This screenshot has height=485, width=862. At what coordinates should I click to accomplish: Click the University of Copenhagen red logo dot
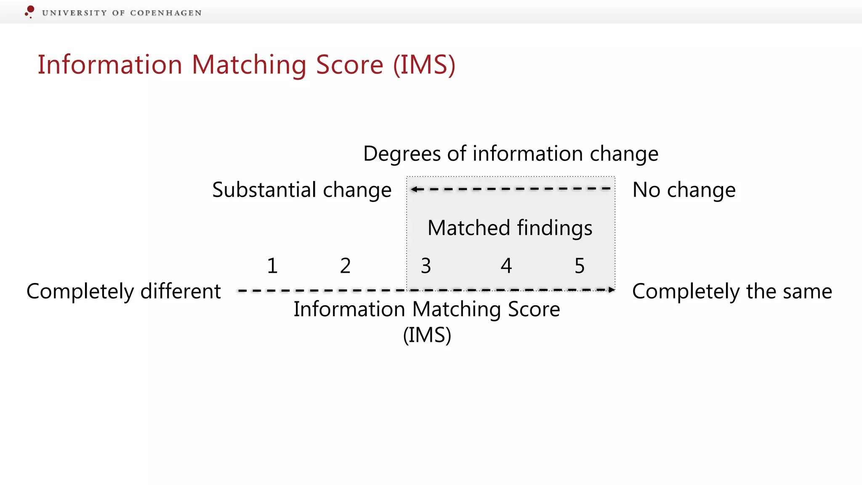(30, 10)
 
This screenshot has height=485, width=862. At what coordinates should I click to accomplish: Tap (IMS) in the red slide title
(424, 65)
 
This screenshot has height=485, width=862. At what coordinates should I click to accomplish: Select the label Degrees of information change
(511, 154)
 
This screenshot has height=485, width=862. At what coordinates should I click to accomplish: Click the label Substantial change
(302, 190)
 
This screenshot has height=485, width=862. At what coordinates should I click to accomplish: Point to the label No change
(684, 190)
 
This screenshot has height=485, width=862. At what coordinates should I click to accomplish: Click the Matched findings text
(510, 228)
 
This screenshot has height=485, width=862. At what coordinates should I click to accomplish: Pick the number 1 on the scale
(272, 266)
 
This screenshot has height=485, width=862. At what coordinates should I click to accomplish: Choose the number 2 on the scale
(345, 266)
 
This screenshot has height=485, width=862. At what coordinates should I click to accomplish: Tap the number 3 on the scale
(426, 266)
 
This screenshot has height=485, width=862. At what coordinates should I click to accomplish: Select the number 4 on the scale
(506, 266)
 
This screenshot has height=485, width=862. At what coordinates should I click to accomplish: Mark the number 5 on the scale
(580, 266)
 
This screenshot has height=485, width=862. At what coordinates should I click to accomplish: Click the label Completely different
(124, 291)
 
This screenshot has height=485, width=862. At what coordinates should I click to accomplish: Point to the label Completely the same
(732, 291)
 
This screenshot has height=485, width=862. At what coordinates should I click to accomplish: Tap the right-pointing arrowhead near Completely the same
(612, 290)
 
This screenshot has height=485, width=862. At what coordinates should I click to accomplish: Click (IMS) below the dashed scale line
(427, 336)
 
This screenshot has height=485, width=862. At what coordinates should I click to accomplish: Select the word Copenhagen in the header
(166, 13)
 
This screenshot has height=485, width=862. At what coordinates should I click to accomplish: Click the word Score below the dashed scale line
(534, 309)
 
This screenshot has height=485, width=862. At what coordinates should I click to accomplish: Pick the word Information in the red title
(110, 65)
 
